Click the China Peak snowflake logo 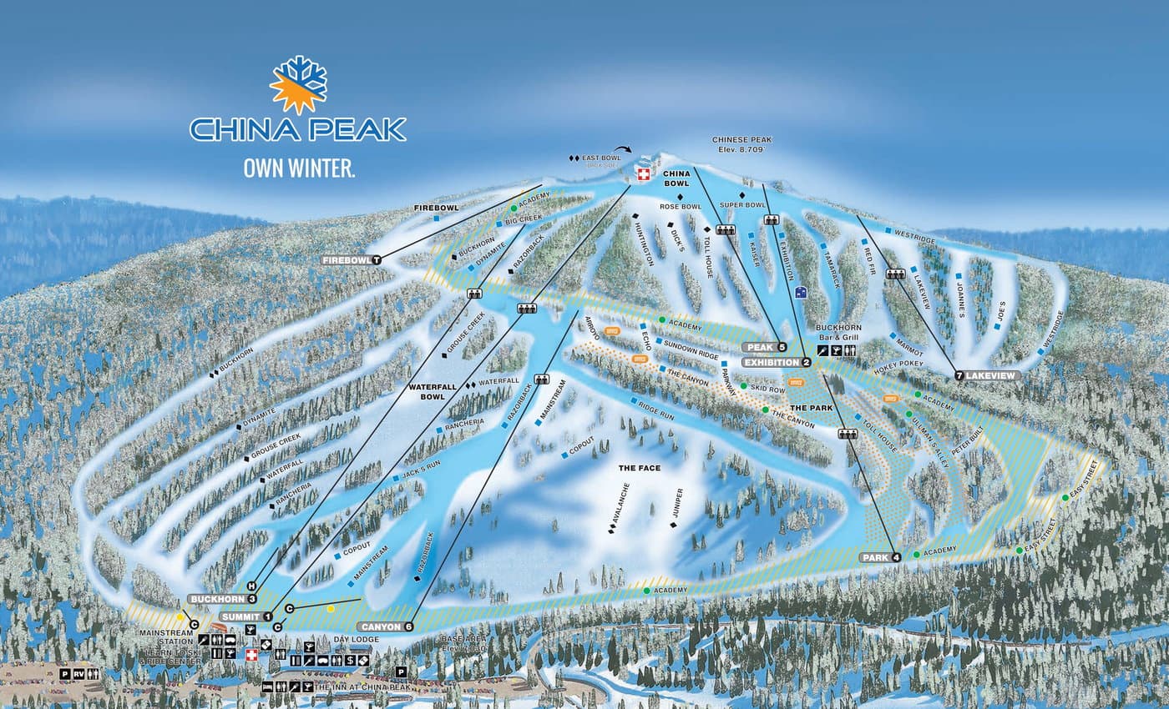tap(298, 84)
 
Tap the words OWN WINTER tap(299, 168)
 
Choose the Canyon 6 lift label tap(386, 626)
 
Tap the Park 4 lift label tap(881, 556)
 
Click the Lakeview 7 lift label tap(989, 376)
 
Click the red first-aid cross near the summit tap(643, 173)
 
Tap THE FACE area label tap(640, 468)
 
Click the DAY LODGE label tap(357, 640)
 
